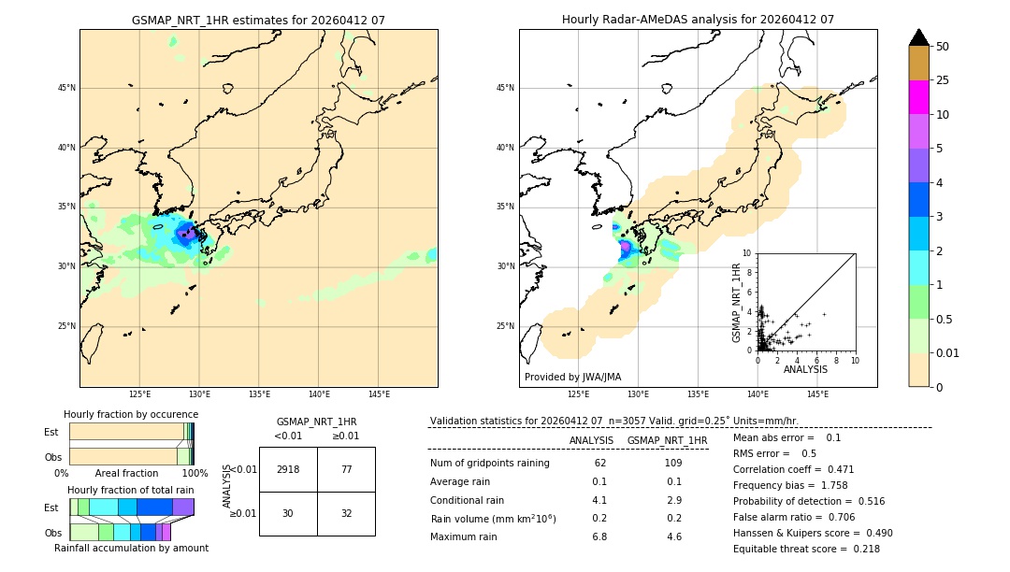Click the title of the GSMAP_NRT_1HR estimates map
[258, 20]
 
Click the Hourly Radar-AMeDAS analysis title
[698, 20]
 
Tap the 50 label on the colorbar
[943, 47]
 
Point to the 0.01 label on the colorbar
[948, 352]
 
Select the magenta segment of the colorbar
[919, 97]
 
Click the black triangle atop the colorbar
[919, 37]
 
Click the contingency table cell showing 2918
[288, 469]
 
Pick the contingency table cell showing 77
[346, 469]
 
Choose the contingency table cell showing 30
[288, 513]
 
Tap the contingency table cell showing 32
[346, 513]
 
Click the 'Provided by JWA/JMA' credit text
[572, 378]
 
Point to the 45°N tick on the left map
[66, 88]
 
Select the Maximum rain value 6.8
[599, 537]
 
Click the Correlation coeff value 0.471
[860, 469]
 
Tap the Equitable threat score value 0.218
[860, 549]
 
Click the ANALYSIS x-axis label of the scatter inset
[805, 369]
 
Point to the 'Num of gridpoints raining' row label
[489, 464]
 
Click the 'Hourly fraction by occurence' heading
[131, 414]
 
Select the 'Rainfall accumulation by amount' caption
[131, 548]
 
